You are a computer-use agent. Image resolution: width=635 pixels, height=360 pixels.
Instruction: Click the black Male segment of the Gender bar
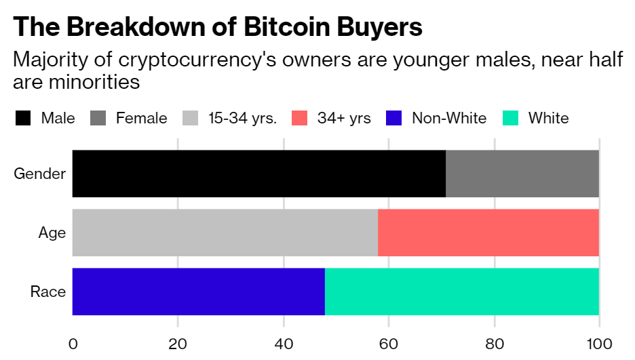coord(258,174)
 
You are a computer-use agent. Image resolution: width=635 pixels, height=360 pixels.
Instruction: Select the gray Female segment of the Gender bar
coord(522,174)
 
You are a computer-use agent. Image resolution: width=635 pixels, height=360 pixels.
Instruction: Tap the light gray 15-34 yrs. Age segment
coord(225,233)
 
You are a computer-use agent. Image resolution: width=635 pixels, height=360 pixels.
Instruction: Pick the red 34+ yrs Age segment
coord(488,233)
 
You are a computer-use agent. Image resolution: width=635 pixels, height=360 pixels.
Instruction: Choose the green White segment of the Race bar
coord(462,292)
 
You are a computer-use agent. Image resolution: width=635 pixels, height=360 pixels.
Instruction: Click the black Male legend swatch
coord(23,119)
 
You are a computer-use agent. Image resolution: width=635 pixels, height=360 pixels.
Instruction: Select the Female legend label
coord(141,119)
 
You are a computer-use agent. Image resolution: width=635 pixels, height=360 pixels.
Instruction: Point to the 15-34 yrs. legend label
coord(242,119)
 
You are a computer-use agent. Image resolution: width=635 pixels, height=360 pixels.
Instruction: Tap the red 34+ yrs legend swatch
coord(300,119)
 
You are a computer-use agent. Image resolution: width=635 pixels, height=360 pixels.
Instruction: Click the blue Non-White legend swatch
coord(394,119)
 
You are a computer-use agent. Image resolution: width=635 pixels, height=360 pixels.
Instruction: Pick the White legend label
coord(548,119)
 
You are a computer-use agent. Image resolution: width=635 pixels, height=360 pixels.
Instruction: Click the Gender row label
coord(40,174)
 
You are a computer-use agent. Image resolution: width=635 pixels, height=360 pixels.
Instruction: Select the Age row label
coord(52,233)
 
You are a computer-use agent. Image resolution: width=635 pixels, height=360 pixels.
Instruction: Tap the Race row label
coord(48,292)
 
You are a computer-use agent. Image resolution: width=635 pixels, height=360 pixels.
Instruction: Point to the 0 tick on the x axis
coord(73,343)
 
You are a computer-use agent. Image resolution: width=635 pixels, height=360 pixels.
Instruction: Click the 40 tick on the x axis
coord(283,343)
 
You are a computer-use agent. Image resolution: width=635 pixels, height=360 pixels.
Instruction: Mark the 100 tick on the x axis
coord(599,343)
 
